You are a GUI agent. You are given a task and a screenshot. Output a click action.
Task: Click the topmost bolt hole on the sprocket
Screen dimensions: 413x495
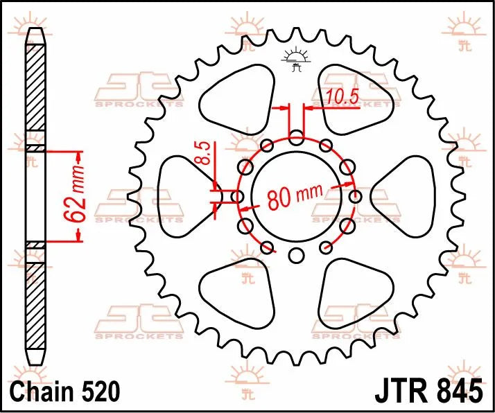pyautogui.click(x=296, y=138)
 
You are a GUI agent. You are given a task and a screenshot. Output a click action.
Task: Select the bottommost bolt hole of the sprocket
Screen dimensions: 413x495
pyautogui.click(x=296, y=256)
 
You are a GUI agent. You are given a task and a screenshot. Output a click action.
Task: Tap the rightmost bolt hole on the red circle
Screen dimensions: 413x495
pyautogui.click(x=355, y=197)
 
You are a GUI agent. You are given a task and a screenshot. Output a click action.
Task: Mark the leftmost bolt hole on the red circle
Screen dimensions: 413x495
pyautogui.click(x=237, y=197)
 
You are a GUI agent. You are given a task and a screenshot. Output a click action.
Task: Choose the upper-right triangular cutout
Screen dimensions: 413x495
pyautogui.click(x=358, y=102)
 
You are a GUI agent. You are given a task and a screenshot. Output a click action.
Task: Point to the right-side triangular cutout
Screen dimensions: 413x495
pyautogui.click(x=406, y=188)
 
